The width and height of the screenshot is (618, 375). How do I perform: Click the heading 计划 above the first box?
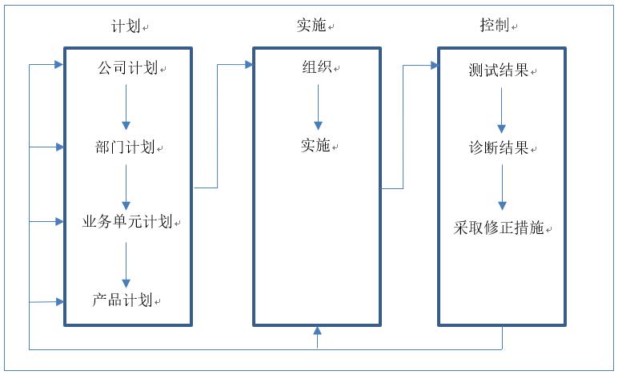126,26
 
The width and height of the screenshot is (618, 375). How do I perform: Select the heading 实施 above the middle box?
311,26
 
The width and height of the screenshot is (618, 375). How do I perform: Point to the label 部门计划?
124,148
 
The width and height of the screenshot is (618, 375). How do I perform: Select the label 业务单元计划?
128,221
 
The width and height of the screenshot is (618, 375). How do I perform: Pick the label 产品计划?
122,300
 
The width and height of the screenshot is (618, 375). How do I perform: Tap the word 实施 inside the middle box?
315,146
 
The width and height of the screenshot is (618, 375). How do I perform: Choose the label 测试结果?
498,71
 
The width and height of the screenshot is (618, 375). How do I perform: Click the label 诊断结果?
498,148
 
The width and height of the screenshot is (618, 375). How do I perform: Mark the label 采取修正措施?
499,228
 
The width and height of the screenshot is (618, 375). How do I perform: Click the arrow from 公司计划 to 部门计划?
126,108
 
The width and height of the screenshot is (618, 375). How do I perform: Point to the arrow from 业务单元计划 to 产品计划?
126,264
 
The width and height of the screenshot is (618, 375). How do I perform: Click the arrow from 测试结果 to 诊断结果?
502,111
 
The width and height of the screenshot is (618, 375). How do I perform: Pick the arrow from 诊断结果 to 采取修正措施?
502,189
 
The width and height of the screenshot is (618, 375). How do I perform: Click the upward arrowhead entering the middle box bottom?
318,331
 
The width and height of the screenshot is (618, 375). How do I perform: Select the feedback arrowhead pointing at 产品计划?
59,301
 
